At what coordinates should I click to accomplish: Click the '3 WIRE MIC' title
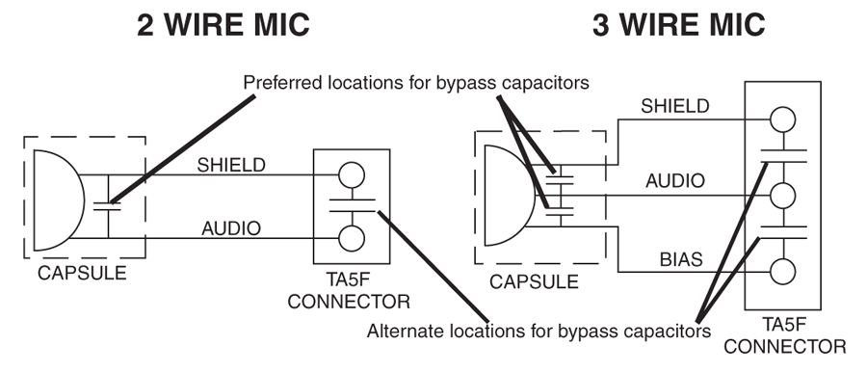[x=682, y=23]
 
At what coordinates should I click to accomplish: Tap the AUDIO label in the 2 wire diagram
[x=230, y=228]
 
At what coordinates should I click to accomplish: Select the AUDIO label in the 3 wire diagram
[x=674, y=179]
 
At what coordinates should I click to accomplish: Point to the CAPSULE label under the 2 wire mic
[x=82, y=273]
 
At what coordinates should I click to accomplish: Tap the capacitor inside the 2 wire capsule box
[x=109, y=205]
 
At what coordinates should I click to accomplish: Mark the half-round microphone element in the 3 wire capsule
[x=504, y=196]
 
